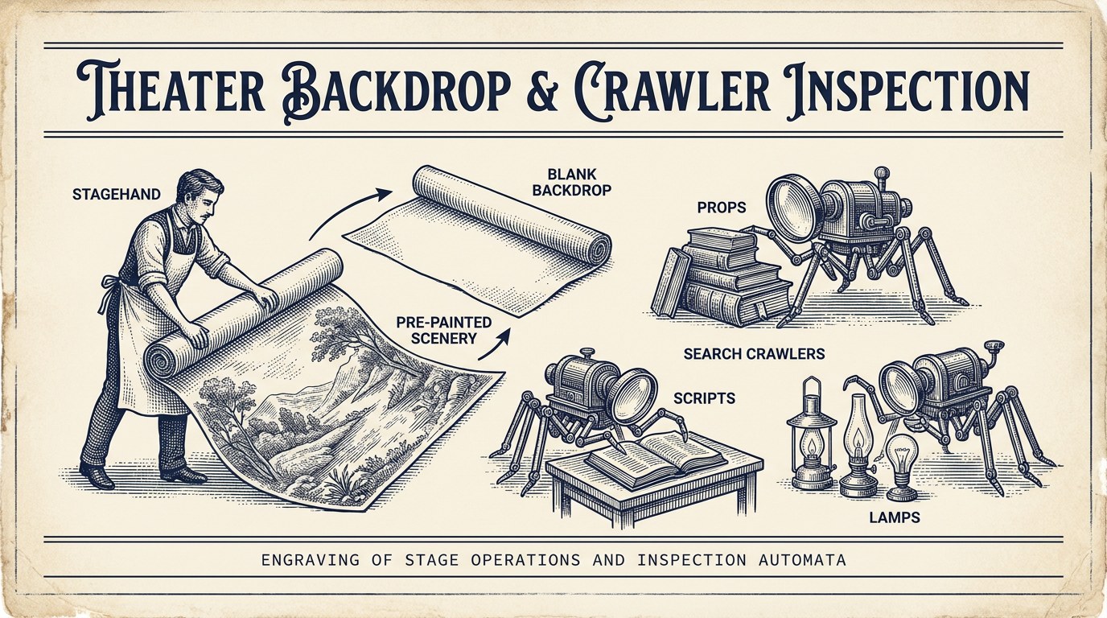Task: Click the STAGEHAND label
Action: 116,194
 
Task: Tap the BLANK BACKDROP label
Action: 572,181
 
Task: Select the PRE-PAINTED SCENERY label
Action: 444,330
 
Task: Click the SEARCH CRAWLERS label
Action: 754,353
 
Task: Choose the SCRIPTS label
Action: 704,398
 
